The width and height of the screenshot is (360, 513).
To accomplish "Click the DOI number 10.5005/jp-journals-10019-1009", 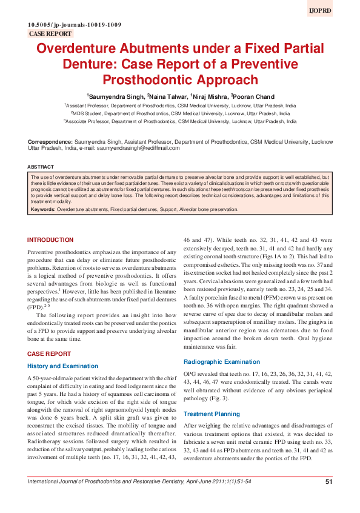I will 75,24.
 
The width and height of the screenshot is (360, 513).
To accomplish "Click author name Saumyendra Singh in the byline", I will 117,96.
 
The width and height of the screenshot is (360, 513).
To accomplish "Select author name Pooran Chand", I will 252,96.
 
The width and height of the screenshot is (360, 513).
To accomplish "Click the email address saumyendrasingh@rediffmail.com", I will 138,148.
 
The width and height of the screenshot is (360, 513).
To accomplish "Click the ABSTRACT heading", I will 41,167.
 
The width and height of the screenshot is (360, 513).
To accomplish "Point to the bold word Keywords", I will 43,209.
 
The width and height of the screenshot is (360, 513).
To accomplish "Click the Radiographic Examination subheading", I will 222,361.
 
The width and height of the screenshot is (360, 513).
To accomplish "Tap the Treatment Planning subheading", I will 212,414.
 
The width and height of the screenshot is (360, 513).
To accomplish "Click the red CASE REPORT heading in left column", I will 49,353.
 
